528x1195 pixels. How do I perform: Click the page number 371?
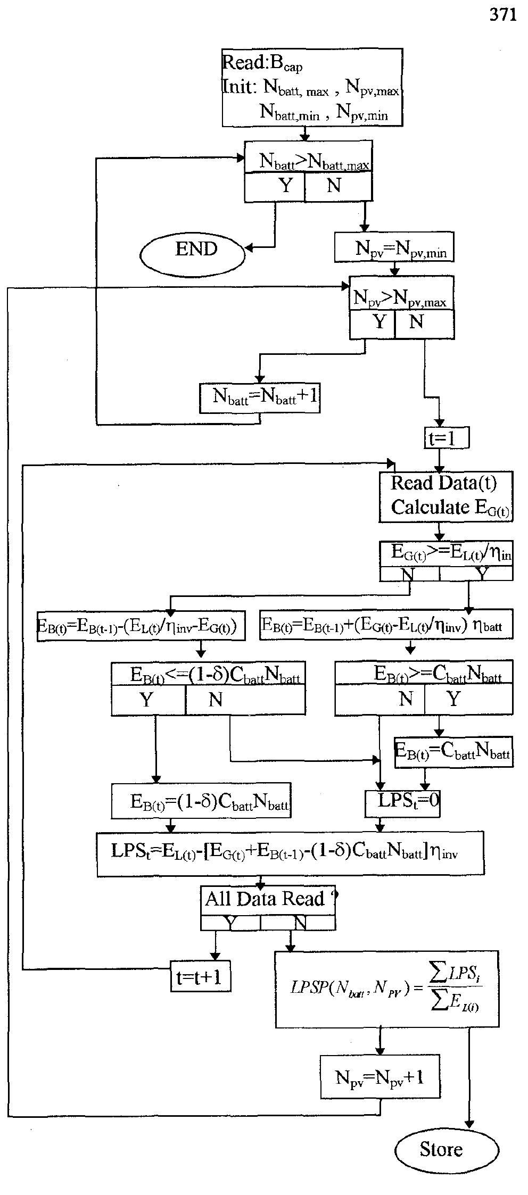pos(502,15)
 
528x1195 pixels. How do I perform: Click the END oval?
pos(193,250)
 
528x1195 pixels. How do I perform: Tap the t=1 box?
pos(446,438)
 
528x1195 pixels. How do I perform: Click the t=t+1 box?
pos(200,976)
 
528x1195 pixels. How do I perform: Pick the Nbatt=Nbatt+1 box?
pos(260,397)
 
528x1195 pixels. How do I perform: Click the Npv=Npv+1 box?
pos(380,1077)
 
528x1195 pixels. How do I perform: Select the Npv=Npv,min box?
pos(394,247)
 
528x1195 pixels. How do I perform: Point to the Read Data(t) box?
pos(445,496)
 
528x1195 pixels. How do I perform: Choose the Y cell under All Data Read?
pos(230,923)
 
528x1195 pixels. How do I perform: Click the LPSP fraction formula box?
pos(386,989)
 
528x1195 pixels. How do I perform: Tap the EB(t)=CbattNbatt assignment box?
pos(453,751)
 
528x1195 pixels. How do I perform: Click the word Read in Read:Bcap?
pos(243,63)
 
